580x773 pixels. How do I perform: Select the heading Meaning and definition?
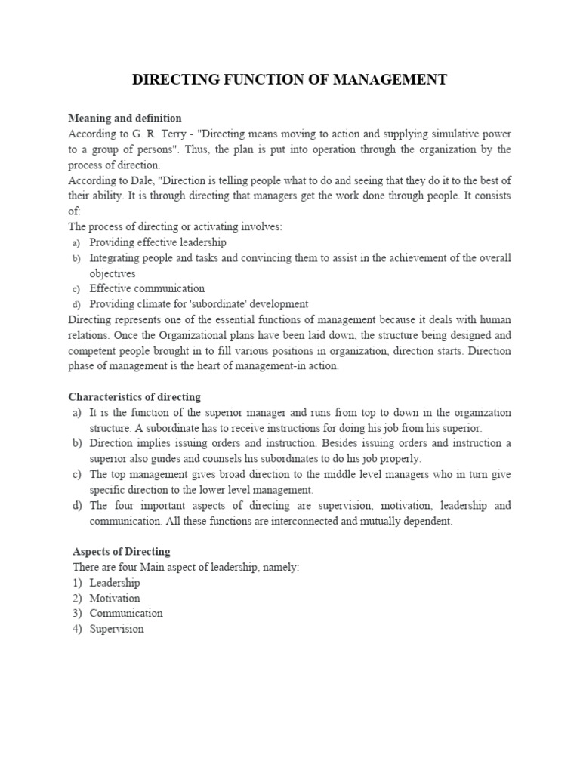pos(125,119)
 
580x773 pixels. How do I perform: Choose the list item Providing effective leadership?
pos(157,242)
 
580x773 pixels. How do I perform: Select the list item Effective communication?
pos(147,288)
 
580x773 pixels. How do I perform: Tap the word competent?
pos(92,350)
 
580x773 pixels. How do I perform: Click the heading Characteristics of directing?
pos(134,397)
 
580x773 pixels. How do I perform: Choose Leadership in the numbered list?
pos(114,583)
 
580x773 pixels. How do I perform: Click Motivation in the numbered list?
pos(114,598)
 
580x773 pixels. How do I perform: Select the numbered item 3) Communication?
pos(118,613)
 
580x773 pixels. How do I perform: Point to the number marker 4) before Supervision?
pos(77,629)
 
